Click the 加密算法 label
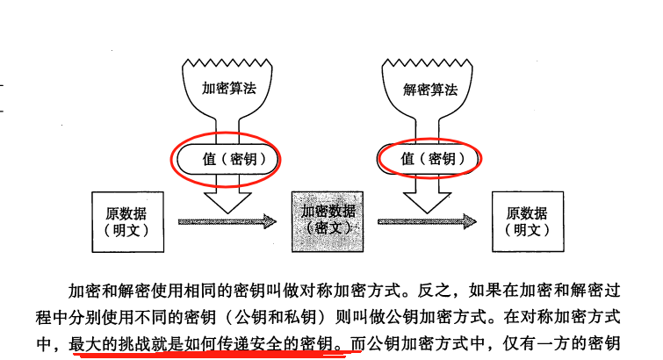tap(230, 89)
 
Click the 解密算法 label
tap(430, 89)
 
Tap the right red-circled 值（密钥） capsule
tap(430, 159)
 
